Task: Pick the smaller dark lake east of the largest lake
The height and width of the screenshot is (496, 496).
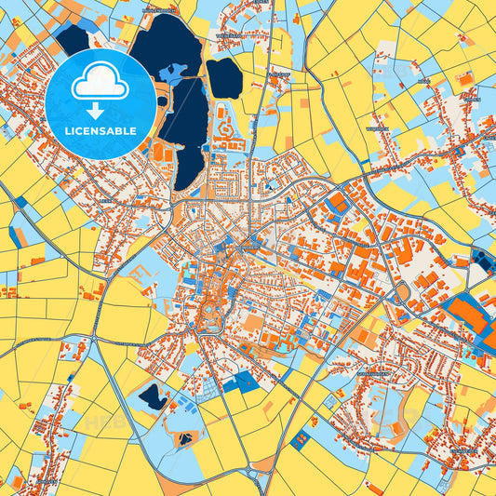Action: pos(223,78)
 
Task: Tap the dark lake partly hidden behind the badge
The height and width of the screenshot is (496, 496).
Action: pos(73,39)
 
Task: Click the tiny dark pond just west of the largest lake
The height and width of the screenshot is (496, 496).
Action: pos(162,101)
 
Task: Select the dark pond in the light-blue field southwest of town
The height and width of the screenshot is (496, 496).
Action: pos(153,398)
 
